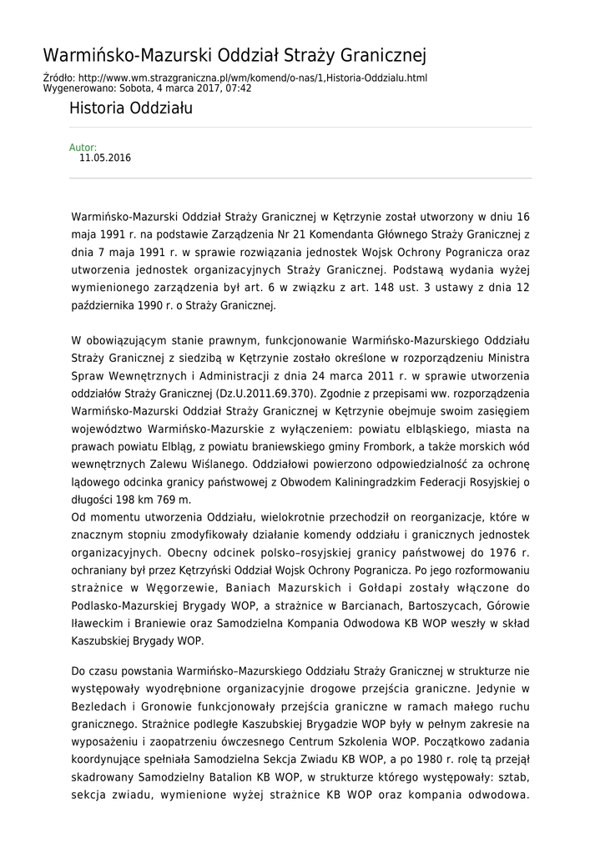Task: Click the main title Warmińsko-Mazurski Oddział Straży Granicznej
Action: (x=234, y=56)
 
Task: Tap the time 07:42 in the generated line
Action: (x=238, y=88)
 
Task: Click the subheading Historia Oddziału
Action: (x=131, y=108)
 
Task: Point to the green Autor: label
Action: (x=83, y=148)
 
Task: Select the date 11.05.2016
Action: (x=105, y=158)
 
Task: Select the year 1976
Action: (x=496, y=552)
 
